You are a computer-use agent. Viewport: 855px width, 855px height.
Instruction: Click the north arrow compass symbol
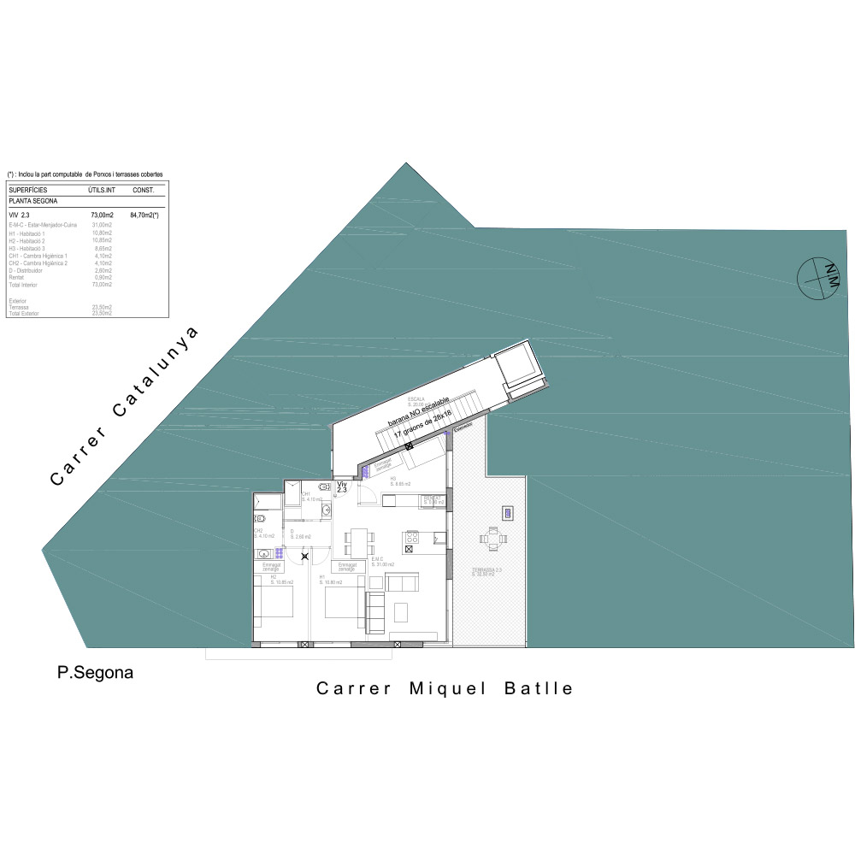coord(816,278)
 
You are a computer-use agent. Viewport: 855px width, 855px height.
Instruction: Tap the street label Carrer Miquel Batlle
coord(445,688)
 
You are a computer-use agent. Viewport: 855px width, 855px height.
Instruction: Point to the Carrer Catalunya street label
coord(125,406)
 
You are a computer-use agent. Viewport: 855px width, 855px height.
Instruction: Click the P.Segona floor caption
coord(95,673)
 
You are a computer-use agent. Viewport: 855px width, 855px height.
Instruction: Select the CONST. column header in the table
coord(142,189)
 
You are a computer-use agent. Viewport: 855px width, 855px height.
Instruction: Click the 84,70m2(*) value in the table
coord(144,215)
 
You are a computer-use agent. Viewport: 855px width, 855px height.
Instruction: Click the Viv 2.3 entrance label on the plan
coord(342,487)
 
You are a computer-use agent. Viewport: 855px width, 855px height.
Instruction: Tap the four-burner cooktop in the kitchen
coord(411,538)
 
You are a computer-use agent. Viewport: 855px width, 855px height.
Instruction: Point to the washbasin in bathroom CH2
coord(263,553)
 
